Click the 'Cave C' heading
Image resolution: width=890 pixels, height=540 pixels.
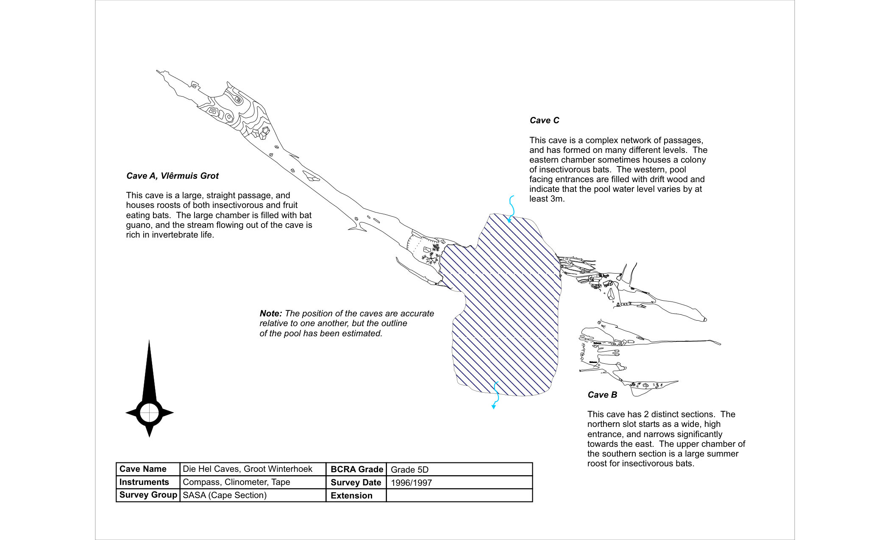(x=544, y=120)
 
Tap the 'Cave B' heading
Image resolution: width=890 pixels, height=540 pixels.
(x=602, y=395)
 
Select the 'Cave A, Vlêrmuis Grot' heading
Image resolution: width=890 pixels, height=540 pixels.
(x=172, y=176)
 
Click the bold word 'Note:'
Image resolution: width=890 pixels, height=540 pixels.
(x=270, y=313)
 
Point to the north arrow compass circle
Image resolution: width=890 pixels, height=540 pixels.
(x=149, y=413)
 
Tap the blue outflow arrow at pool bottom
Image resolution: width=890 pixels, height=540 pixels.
(x=495, y=396)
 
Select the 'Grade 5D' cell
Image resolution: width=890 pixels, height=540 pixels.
(x=409, y=469)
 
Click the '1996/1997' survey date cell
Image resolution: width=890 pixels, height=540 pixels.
(x=411, y=482)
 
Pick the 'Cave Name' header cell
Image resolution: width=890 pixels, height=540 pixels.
(x=143, y=469)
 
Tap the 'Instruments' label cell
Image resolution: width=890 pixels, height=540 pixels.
(x=144, y=482)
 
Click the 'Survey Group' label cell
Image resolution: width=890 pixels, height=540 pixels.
(x=148, y=495)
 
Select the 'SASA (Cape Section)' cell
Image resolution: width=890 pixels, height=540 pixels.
(x=224, y=495)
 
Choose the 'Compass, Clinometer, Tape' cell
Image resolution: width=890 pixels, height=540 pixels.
(x=236, y=482)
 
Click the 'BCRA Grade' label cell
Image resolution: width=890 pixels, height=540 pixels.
(x=356, y=469)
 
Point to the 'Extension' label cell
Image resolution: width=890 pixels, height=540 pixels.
(x=351, y=496)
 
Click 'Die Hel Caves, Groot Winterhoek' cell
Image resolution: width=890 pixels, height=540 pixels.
(x=247, y=469)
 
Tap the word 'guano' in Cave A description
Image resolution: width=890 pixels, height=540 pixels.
(x=138, y=225)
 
